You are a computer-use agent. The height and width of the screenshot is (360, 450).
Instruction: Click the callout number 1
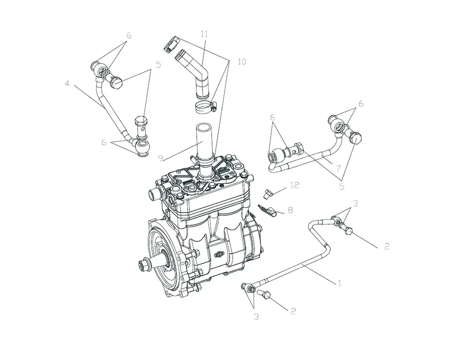point(340,283)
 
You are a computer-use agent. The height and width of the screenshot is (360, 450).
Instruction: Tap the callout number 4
point(67,84)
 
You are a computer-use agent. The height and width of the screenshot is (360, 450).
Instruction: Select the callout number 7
point(338,168)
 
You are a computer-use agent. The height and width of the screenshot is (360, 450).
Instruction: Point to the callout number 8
point(290,210)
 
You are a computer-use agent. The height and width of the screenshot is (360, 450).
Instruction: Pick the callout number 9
point(161,158)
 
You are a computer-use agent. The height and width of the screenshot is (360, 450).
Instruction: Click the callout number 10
point(242,62)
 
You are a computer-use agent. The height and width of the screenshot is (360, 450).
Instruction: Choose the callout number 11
point(204,34)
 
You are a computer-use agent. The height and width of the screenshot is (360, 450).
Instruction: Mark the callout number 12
point(295,185)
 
